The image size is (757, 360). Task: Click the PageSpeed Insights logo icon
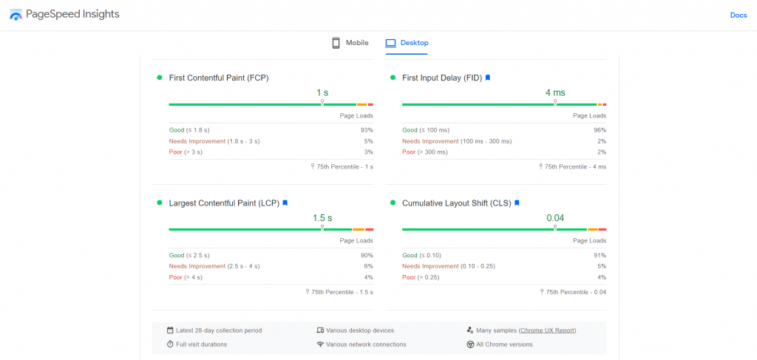coord(16,15)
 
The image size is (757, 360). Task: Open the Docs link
coord(738,15)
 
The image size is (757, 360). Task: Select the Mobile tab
coord(350,43)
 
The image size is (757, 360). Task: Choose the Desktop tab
coord(407,43)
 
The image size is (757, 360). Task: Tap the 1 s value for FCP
coord(322,92)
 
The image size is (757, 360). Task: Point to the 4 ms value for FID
coord(554,92)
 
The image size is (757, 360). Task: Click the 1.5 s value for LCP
coord(322,218)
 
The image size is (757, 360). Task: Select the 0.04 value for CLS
coord(554,218)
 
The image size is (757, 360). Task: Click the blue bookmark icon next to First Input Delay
coord(488,78)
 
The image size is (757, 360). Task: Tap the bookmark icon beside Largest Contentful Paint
coord(285,203)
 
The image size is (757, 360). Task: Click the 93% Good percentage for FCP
coord(367,130)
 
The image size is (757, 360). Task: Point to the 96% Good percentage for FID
coord(600,130)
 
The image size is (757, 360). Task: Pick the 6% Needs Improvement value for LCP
coord(368,266)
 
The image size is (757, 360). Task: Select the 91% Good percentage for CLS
coord(600,255)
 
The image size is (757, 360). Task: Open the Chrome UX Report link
coord(547,330)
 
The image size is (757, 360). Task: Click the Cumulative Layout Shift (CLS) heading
coord(456,203)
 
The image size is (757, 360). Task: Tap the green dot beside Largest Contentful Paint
coord(160,203)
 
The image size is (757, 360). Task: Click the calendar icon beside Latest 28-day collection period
coord(170,330)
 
